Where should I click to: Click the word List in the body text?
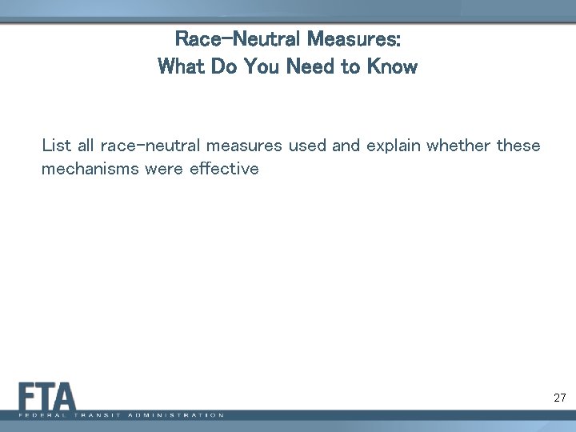[x=56, y=146]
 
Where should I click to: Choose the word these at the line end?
[x=518, y=146]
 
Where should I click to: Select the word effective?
[x=224, y=169]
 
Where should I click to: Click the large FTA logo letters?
[x=47, y=396]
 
